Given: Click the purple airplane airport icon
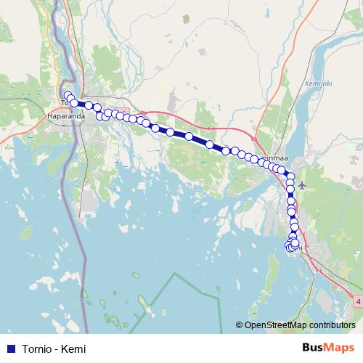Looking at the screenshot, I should point(302,184).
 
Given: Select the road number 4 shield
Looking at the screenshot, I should point(358,301).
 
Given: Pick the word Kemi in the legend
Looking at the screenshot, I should point(74,348).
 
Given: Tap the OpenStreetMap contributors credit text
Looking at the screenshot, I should point(300,325).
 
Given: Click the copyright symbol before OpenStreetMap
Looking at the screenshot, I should point(239,325).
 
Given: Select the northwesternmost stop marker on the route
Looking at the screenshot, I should point(67,95).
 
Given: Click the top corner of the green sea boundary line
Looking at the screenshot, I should point(174,274).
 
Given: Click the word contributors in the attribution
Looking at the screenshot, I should point(331,325).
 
